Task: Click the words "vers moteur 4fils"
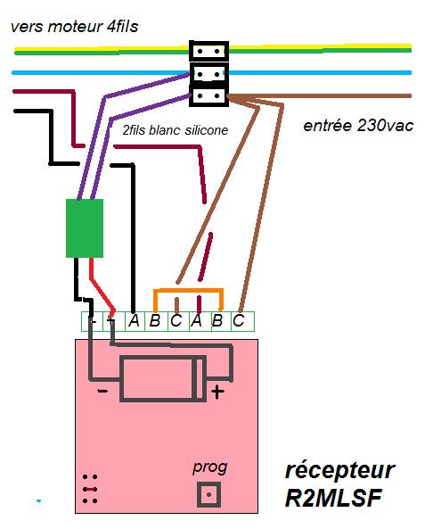(x=75, y=27)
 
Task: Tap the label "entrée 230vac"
(x=358, y=126)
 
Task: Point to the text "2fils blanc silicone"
(x=176, y=130)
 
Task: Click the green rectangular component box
(x=85, y=228)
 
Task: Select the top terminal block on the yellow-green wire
(x=208, y=51)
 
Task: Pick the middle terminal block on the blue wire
(x=208, y=74)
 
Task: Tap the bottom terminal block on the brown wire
(x=208, y=96)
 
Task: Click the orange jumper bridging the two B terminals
(x=188, y=290)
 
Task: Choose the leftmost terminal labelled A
(x=135, y=320)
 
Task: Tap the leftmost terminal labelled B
(x=155, y=320)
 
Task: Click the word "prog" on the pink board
(x=209, y=468)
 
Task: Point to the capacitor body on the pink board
(x=163, y=379)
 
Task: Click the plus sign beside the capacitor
(x=217, y=392)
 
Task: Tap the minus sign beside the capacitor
(x=102, y=391)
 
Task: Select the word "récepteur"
(x=340, y=470)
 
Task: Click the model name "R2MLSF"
(x=333, y=498)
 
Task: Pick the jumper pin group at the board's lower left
(x=90, y=489)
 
